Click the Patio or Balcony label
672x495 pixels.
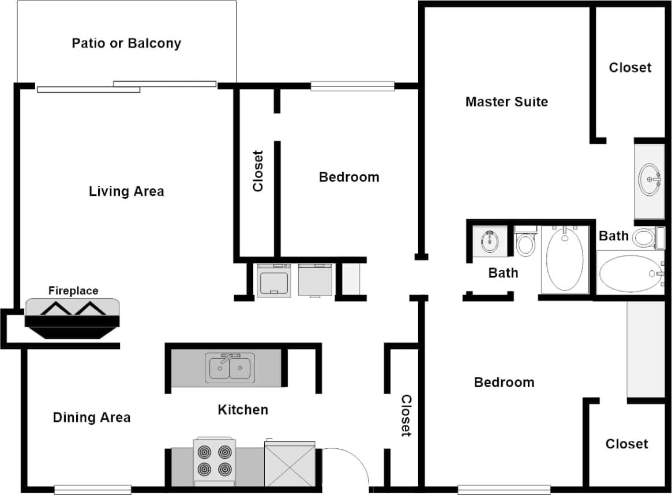126,43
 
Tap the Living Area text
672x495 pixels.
126,191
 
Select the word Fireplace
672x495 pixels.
73,291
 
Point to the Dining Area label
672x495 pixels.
92,417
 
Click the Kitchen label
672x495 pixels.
243,410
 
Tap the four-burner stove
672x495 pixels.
215,461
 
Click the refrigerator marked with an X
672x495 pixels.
290,464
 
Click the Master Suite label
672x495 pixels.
506,102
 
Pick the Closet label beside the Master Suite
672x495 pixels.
630,67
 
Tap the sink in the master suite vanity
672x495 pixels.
650,179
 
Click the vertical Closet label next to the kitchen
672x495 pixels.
406,415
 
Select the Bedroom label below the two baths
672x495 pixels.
504,382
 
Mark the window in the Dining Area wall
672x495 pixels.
92,490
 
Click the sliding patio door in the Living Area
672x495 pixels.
127,86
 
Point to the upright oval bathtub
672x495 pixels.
564,259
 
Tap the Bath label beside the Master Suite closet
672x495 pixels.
614,236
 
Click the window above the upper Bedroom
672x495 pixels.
352,86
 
